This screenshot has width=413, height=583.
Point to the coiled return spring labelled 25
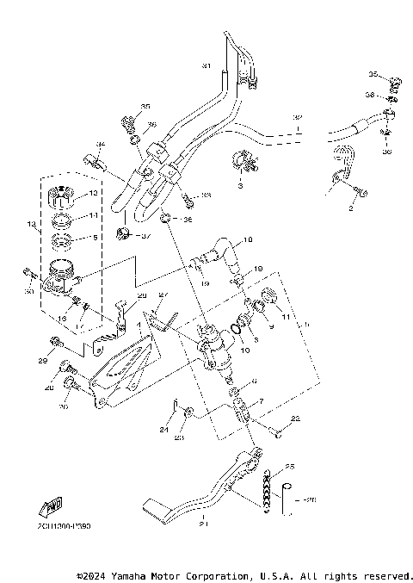point(268,490)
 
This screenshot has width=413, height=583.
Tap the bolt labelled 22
point(276,428)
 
